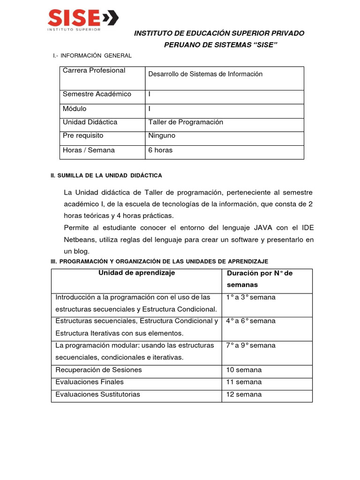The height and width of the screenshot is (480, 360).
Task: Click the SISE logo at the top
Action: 82,20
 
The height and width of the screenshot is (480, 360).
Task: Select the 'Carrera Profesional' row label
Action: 94,71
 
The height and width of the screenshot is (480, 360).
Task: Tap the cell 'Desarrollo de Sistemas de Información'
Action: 205,74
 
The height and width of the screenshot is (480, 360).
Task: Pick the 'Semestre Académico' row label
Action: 97,94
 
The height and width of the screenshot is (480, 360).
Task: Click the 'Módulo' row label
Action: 75,108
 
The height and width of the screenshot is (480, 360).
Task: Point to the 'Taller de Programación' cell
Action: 186,122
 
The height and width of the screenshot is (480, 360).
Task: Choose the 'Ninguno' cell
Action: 162,135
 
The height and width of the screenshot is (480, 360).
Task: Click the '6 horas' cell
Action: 160,150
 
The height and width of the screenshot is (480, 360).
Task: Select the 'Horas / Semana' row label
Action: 89,150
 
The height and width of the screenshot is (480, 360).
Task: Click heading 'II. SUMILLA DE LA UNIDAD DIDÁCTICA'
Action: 106,175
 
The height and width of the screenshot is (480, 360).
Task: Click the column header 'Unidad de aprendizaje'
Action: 136,273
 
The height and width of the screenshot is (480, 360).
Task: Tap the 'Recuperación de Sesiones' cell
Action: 98,370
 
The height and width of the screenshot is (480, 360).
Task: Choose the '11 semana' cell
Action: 244,382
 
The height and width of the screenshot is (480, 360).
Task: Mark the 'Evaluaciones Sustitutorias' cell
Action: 98,394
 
